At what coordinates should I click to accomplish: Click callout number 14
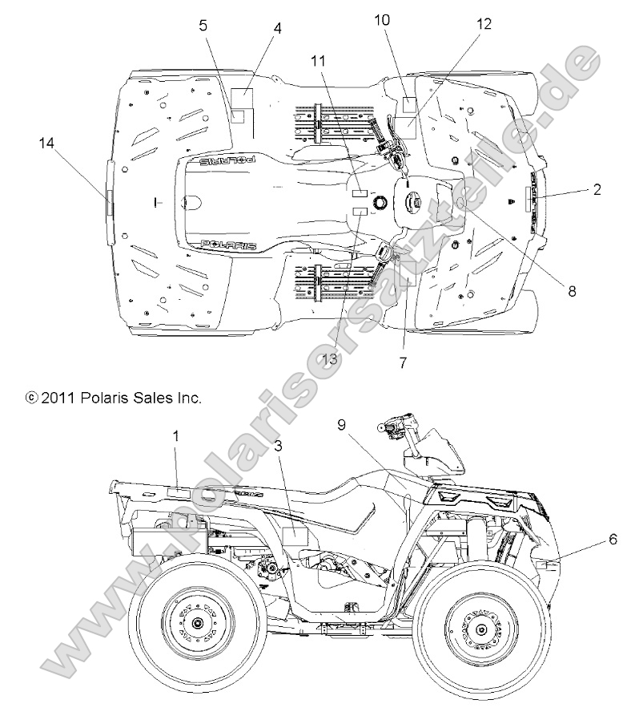pos(46,143)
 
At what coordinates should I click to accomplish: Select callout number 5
pos(203,25)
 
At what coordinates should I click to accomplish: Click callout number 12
pos(484,24)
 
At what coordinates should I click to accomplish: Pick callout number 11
pos(319,61)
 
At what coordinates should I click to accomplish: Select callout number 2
pos(597,190)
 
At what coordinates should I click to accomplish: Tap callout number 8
pos(572,292)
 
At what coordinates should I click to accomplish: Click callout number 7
pos(403,362)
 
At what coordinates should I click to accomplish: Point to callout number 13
pos(329,359)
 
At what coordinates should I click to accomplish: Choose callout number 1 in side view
pos(176,435)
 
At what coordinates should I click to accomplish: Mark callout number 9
pos(342,426)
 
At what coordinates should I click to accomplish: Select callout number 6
pos(613,540)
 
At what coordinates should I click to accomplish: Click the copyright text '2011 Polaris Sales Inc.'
pos(114,397)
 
